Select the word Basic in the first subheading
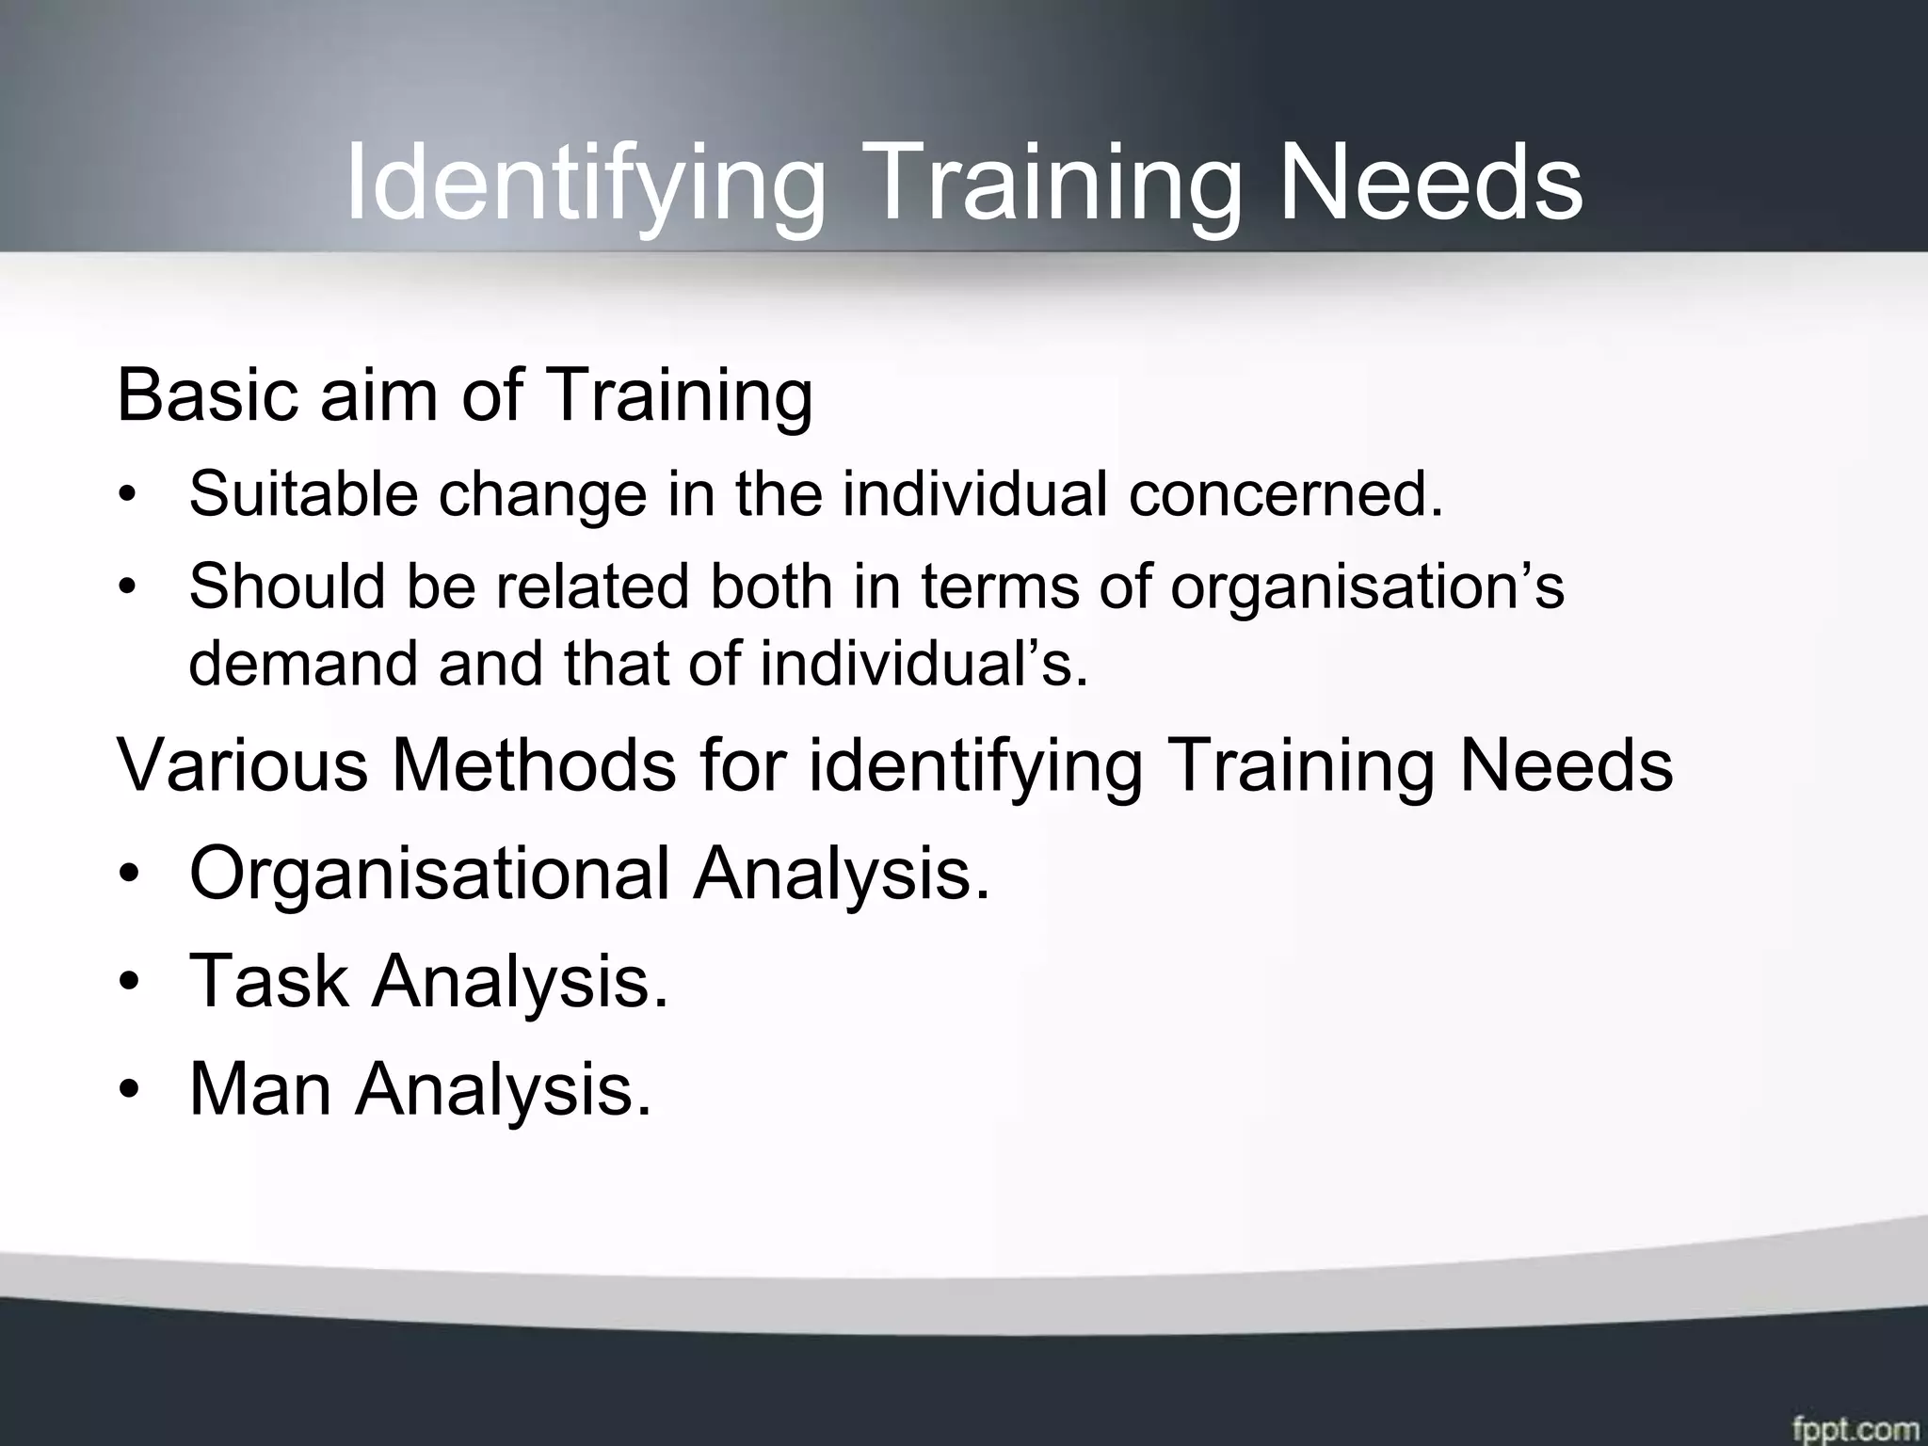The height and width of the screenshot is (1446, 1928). pyautogui.click(x=208, y=395)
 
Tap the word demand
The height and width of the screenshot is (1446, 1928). pyautogui.click(x=302, y=663)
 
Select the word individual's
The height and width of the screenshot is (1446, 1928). pyautogui.click(x=924, y=663)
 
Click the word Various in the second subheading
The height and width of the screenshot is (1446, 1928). pyautogui.click(x=243, y=764)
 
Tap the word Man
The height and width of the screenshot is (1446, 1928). pyautogui.click(x=261, y=1089)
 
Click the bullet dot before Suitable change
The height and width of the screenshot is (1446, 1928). pyautogui.click(x=127, y=496)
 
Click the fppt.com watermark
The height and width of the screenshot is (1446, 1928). pyautogui.click(x=1855, y=1426)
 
